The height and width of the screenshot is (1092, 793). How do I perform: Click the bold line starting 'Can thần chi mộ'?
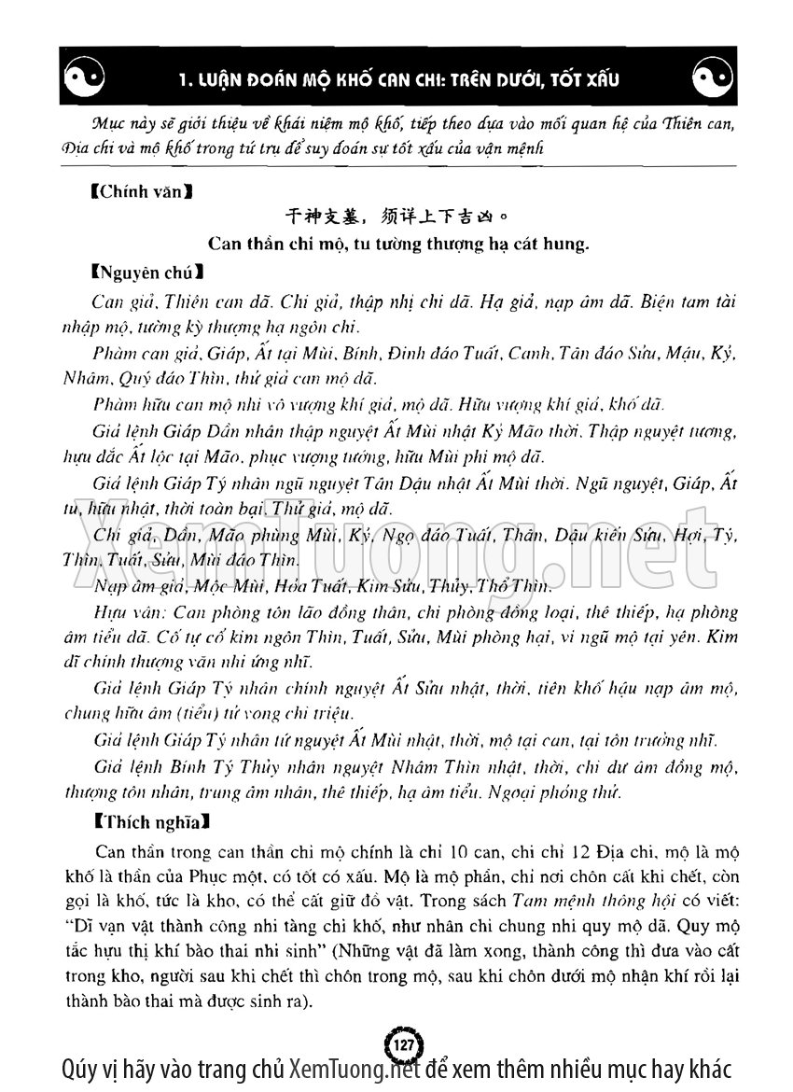coord(396,245)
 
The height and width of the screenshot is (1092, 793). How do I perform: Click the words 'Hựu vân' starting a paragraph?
coord(120,613)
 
